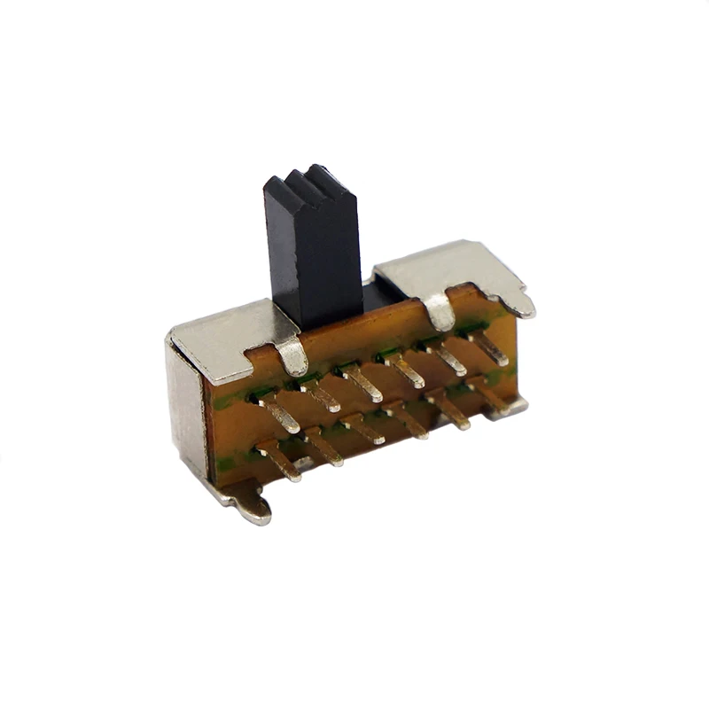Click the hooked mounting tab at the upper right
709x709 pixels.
[518, 301]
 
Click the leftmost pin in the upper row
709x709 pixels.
[278, 413]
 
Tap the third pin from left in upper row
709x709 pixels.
[364, 381]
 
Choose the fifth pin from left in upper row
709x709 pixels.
[448, 358]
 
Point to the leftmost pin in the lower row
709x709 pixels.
[279, 462]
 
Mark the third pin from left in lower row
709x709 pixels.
[365, 429]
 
